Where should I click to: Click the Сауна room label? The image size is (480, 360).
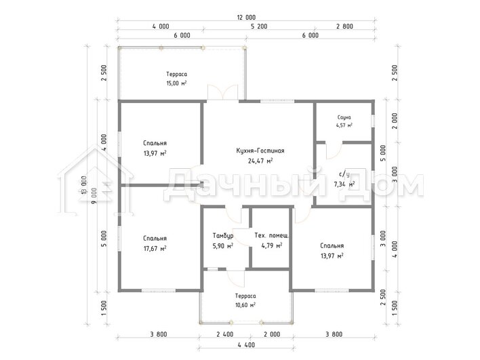tap(344, 117)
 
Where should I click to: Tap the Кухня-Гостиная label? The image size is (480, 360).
tap(260, 151)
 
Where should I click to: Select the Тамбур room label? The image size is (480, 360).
tap(223, 236)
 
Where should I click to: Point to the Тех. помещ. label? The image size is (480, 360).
tap(272, 235)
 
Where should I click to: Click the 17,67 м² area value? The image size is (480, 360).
tap(155, 248)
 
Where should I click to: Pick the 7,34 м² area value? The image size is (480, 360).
tap(344, 184)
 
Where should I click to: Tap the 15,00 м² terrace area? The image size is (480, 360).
tap(176, 83)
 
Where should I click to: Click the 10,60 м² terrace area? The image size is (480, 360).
tap(245, 305)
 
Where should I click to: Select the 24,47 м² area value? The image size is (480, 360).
tap(260, 161)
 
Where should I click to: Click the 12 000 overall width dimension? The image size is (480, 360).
tap(246, 18)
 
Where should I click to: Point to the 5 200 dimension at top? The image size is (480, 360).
tap(259, 26)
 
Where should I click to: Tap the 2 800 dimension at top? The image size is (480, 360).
tap(344, 26)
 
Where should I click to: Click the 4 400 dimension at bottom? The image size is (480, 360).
tap(246, 345)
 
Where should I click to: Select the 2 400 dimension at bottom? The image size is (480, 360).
tap(224, 334)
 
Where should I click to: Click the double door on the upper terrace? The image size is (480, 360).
tap(223, 92)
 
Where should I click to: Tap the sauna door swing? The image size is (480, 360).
tap(334, 151)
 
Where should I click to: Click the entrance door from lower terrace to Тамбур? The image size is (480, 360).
tap(236, 279)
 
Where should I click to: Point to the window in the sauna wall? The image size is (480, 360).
tap(373, 121)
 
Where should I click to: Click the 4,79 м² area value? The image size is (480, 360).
tap(272, 245)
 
